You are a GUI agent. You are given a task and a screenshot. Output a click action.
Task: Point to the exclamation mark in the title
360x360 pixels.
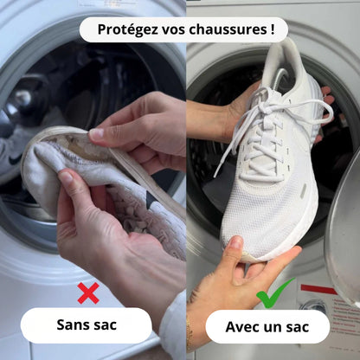[x=272, y=29]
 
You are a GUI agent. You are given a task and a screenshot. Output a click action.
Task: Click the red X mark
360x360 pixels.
[x=87, y=292]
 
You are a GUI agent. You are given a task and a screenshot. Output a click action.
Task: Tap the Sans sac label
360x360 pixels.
[x=87, y=325]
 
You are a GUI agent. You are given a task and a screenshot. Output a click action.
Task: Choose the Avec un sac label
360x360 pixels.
[x=268, y=326]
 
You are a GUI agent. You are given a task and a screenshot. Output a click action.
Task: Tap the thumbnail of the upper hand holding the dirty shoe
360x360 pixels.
[x=97, y=134]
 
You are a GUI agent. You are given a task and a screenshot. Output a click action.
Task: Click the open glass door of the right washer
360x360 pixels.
[x=344, y=234]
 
